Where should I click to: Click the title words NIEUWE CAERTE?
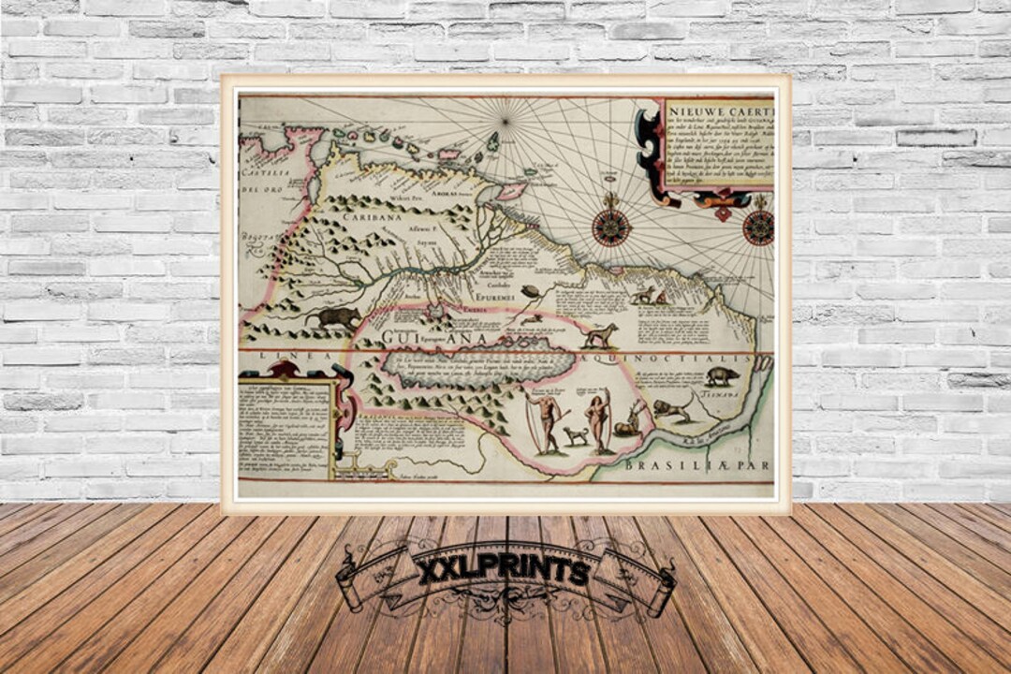click(x=719, y=109)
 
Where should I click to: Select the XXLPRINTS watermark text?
click(x=503, y=570)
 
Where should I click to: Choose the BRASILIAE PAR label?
click(x=698, y=463)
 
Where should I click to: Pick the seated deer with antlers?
click(x=629, y=420)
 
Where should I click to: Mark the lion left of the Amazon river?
click(x=671, y=408)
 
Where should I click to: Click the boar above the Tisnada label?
click(x=722, y=376)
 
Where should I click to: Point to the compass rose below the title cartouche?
click(x=758, y=227)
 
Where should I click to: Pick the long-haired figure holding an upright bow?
click(x=596, y=420)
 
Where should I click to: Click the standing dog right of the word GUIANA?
click(x=600, y=335)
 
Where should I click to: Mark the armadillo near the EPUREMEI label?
click(x=532, y=291)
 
